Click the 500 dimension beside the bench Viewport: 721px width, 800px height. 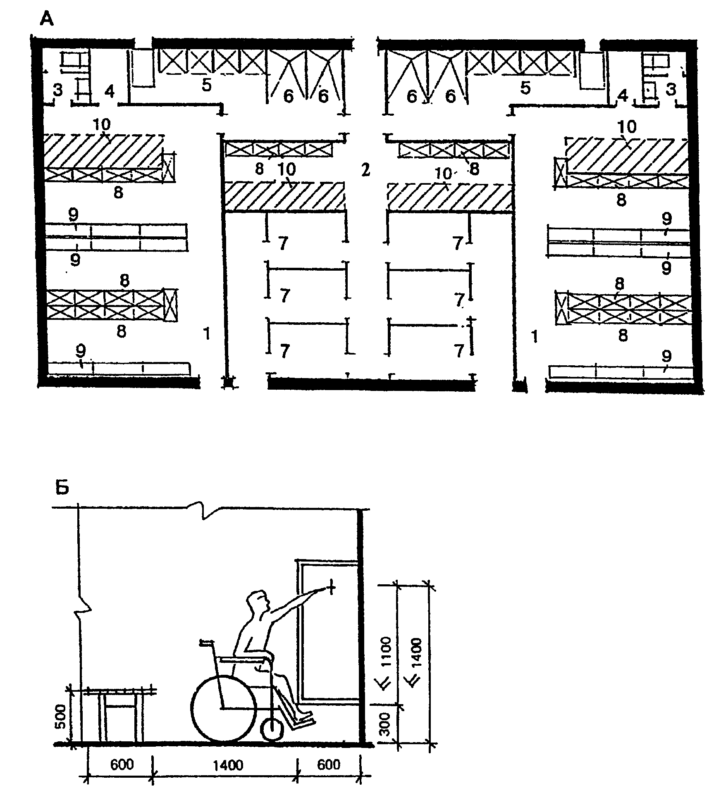(60, 719)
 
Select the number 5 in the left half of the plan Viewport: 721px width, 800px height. (206, 85)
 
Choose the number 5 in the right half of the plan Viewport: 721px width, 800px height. (525, 88)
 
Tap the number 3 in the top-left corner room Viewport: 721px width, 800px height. (57, 90)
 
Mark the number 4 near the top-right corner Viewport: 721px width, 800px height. (622, 96)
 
